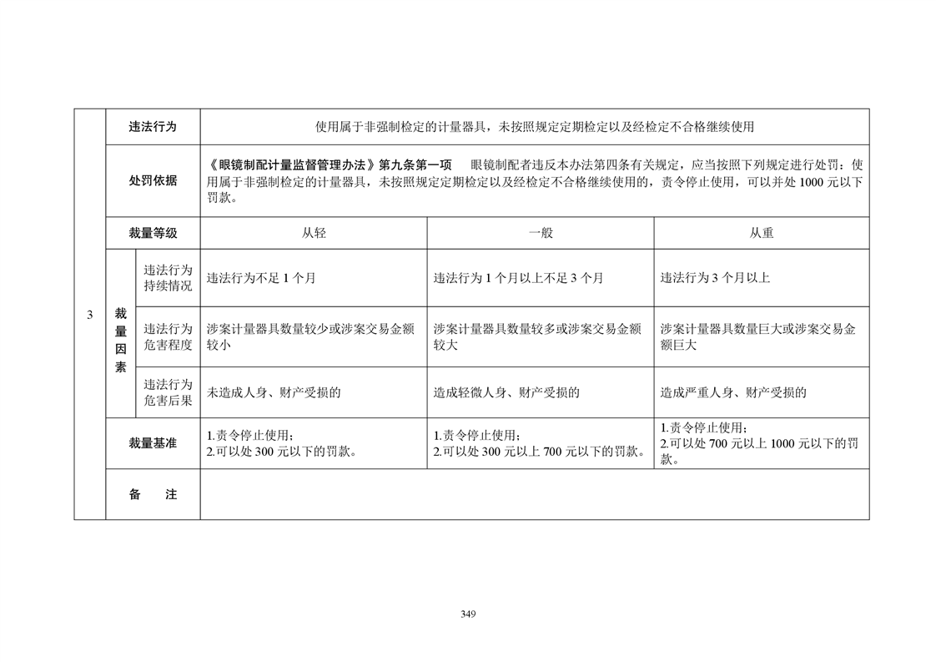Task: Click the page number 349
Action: tap(467, 614)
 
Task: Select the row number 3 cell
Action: tap(90, 314)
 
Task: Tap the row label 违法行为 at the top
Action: tap(153, 127)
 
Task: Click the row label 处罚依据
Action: tap(153, 180)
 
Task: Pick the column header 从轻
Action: tap(314, 234)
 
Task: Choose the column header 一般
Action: tap(541, 234)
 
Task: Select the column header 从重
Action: tap(761, 234)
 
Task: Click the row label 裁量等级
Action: tap(153, 234)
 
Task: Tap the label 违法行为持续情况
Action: tap(168, 278)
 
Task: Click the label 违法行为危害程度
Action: tap(168, 336)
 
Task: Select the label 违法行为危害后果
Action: tap(168, 392)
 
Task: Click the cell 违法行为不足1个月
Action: tap(261, 278)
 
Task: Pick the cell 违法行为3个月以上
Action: tap(715, 278)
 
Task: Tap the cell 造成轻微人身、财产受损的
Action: tap(506, 392)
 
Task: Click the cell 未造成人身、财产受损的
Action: tap(274, 392)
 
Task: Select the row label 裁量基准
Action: tap(153, 443)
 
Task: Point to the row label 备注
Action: tap(153, 494)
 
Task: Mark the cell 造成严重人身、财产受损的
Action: tap(733, 392)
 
